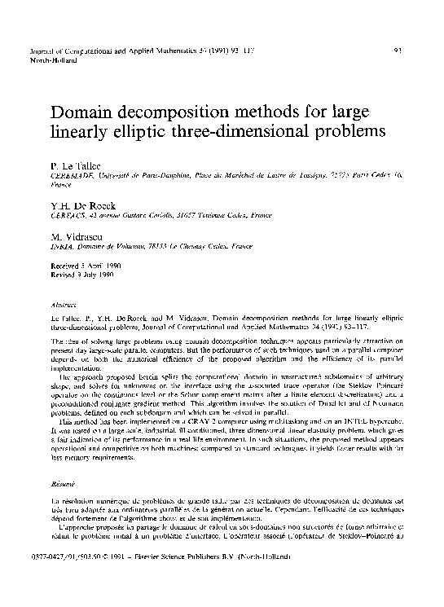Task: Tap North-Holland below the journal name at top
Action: [x=46, y=60]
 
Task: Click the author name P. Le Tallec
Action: [x=76, y=165]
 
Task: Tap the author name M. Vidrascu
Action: [x=78, y=233]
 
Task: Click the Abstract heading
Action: [x=63, y=301]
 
